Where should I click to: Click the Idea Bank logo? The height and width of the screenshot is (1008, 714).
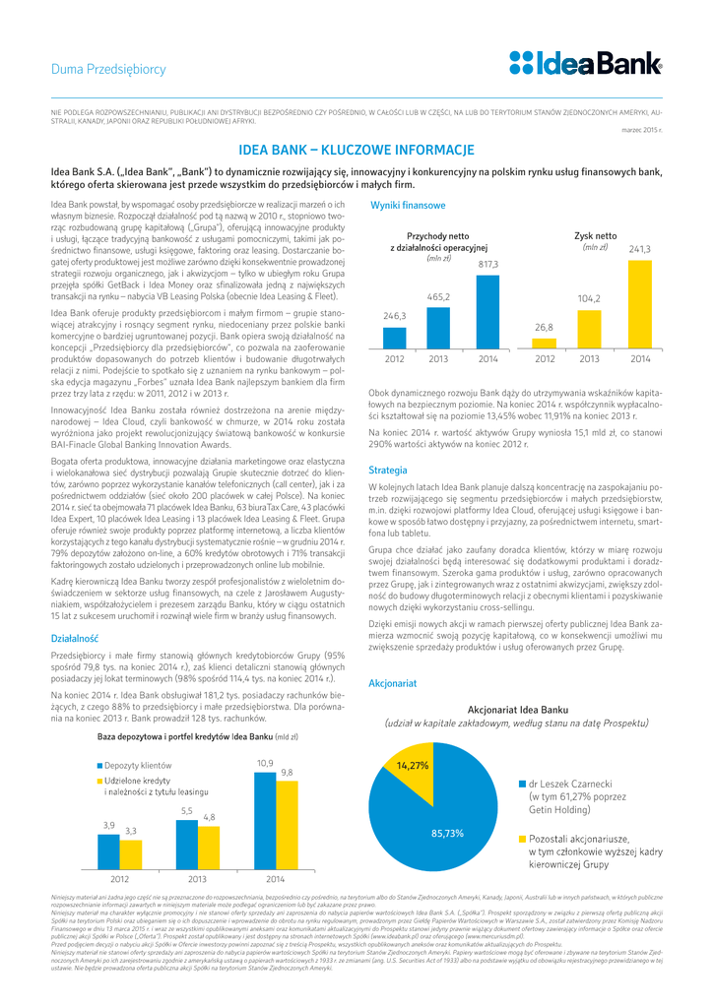click(585, 64)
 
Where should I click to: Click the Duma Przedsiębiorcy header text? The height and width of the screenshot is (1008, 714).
click(107, 70)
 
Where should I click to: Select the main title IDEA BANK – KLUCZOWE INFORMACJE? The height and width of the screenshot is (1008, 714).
click(357, 153)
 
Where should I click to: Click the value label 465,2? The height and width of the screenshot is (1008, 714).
click(439, 296)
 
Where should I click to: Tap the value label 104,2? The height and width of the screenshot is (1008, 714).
click(590, 297)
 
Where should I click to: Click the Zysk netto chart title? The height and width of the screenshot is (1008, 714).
click(595, 236)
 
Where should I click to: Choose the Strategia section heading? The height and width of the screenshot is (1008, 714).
click(387, 471)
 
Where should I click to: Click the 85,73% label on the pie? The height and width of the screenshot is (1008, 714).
click(447, 833)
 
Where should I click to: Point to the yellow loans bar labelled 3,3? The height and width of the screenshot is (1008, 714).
click(131, 853)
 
